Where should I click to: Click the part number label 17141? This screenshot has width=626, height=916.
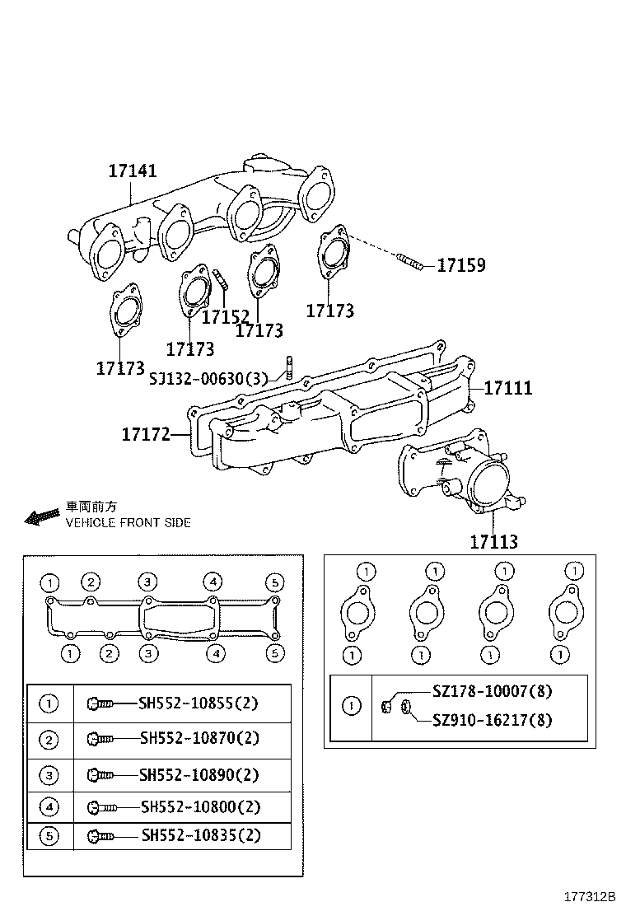coord(133,171)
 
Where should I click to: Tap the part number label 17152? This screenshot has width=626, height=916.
coord(226,316)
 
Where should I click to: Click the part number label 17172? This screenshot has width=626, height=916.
coord(146,433)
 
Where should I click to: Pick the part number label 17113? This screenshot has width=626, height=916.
coord(493,541)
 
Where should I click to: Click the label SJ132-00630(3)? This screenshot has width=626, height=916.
coord(209,378)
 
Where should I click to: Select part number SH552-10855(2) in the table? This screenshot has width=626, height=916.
coord(199,703)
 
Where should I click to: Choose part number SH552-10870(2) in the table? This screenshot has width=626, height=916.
coord(199,739)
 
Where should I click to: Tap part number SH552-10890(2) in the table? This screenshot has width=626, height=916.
coord(199,774)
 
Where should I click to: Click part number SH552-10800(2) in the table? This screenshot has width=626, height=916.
coord(199,806)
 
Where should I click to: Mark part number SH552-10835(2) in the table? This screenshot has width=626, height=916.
coord(200,835)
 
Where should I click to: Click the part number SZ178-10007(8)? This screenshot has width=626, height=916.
coord(492,692)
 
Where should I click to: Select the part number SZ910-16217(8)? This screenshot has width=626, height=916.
coord(492,721)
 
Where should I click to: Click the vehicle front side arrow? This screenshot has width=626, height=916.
coord(40,516)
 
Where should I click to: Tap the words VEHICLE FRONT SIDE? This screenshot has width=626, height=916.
coord(128,522)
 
